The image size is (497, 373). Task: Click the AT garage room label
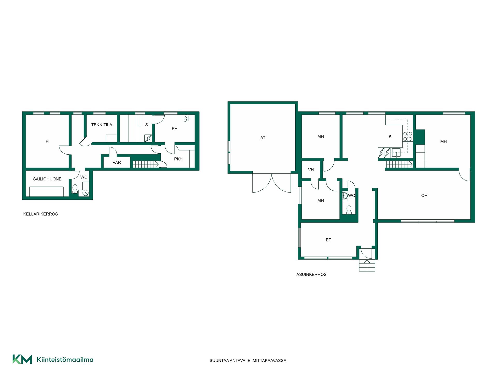point(263,138)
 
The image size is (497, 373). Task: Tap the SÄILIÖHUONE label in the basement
point(47,179)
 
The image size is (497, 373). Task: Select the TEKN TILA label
point(102,125)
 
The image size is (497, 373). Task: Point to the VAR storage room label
point(117,163)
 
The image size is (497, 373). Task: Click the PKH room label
point(178,159)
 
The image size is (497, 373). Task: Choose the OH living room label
point(424,196)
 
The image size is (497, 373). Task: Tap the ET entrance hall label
point(328,240)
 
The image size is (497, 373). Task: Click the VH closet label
point(311,170)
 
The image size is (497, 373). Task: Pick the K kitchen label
point(390,137)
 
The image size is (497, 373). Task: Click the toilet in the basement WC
point(75,189)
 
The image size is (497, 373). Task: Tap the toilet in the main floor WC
point(349,210)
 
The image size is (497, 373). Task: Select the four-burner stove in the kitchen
point(408,136)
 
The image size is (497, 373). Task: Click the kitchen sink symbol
point(396,153)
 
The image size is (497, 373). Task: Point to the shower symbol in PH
point(186,118)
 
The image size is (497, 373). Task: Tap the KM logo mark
point(22,359)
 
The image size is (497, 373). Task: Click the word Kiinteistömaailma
point(65,360)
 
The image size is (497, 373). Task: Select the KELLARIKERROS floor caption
point(41,214)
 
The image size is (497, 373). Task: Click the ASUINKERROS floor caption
point(311,275)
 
